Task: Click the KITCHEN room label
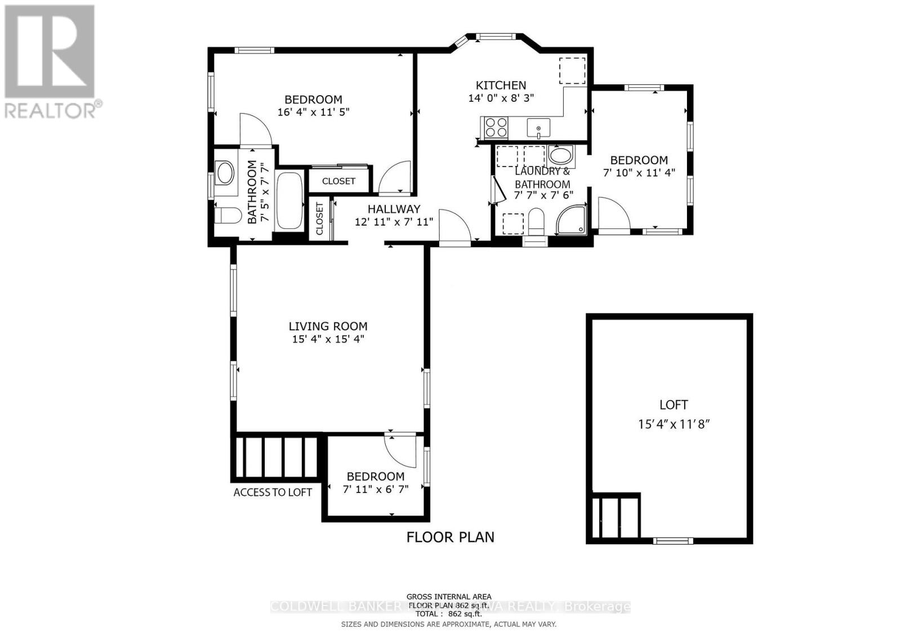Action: pos(501,85)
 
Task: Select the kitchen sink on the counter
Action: pos(538,128)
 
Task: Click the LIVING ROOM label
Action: pos(328,326)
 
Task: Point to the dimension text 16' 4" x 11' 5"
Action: pos(313,112)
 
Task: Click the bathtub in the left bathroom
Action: pos(289,200)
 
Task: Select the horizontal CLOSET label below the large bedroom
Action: pos(338,181)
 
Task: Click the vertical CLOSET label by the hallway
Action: pos(319,219)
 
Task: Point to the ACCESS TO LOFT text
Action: pos(273,492)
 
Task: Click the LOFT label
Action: pos(673,405)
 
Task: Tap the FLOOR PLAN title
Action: pos(450,537)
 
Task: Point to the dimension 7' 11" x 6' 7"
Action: pos(375,489)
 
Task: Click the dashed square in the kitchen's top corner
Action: pos(572,70)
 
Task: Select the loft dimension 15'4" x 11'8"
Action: pos(673,424)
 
